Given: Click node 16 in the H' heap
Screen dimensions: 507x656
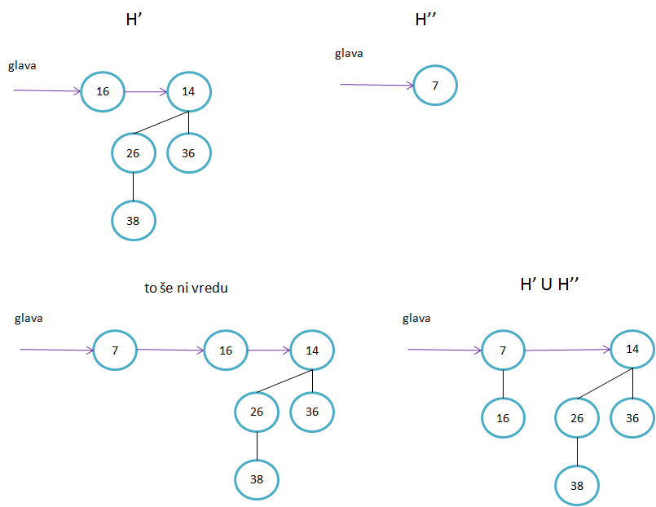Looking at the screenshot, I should pos(103,91).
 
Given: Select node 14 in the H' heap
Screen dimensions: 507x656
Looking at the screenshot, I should pos(189,91).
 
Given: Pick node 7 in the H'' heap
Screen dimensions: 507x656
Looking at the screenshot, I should pos(435,85).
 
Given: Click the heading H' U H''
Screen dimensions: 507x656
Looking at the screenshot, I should pos(555,284).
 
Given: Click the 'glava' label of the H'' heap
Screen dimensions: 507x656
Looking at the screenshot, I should pos(349,54).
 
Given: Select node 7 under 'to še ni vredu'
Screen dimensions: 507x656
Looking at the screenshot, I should pos(115,350).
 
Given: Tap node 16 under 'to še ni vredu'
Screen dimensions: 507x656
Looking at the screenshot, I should pos(226,350).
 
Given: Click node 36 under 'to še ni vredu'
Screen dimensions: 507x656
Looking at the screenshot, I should pos(312,412).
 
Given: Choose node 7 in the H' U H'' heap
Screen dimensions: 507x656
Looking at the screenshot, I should pos(503,350).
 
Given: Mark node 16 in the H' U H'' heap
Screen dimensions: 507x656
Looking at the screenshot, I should pos(502,418).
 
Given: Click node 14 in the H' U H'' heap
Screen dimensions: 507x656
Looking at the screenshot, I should pos(632,349).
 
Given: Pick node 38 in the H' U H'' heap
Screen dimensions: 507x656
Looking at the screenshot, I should pos(577,486).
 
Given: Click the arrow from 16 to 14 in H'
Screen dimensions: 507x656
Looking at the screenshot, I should pos(146,92).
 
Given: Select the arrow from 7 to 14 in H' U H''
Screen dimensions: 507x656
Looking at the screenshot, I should pos(567,350).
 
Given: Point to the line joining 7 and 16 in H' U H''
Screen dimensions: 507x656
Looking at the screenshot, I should pos(503,384).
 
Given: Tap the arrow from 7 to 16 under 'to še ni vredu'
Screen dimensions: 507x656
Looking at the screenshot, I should pos(170,350).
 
